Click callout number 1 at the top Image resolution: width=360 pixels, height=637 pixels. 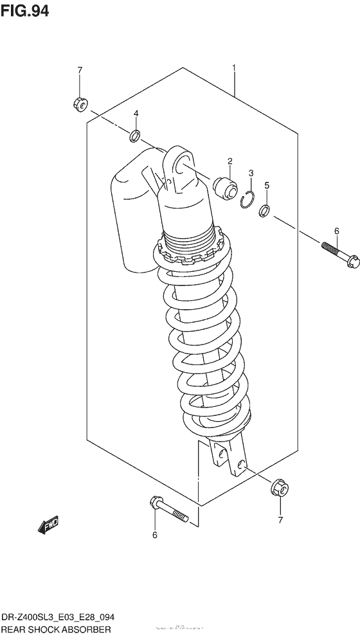[x=234, y=67]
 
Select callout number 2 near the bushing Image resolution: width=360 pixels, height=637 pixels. [x=229, y=161]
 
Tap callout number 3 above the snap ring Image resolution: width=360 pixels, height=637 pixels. [x=251, y=173]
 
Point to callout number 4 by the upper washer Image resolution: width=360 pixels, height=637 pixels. [x=136, y=114]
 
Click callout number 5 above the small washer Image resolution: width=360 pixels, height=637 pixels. [x=267, y=186]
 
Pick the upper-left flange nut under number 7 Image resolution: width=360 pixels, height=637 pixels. [x=80, y=103]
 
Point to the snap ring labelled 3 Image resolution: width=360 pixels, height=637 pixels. [x=245, y=200]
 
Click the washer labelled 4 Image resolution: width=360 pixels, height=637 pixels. [x=135, y=136]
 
